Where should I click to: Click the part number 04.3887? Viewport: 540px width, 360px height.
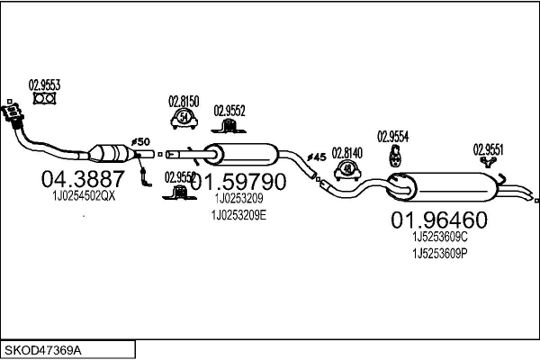84,179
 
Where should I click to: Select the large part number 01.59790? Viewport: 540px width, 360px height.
238,182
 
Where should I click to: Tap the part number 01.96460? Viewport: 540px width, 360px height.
438,220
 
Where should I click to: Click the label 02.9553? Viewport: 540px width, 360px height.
44,85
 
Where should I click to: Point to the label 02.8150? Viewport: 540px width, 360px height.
184,102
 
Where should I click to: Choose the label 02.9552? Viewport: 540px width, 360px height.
229,111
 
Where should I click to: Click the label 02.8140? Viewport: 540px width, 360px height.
346,152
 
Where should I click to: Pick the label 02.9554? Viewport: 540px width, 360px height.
393,136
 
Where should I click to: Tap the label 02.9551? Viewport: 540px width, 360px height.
489,149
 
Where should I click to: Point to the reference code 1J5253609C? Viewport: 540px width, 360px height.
440,237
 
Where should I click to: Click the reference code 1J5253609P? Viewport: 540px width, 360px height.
440,254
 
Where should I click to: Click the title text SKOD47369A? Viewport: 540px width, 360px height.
43,348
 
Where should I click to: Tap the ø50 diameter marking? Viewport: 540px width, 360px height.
140,143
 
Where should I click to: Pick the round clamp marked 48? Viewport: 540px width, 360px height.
347,169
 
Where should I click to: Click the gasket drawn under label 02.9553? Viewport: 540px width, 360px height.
43,98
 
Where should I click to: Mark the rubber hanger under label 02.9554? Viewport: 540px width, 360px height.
393,157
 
